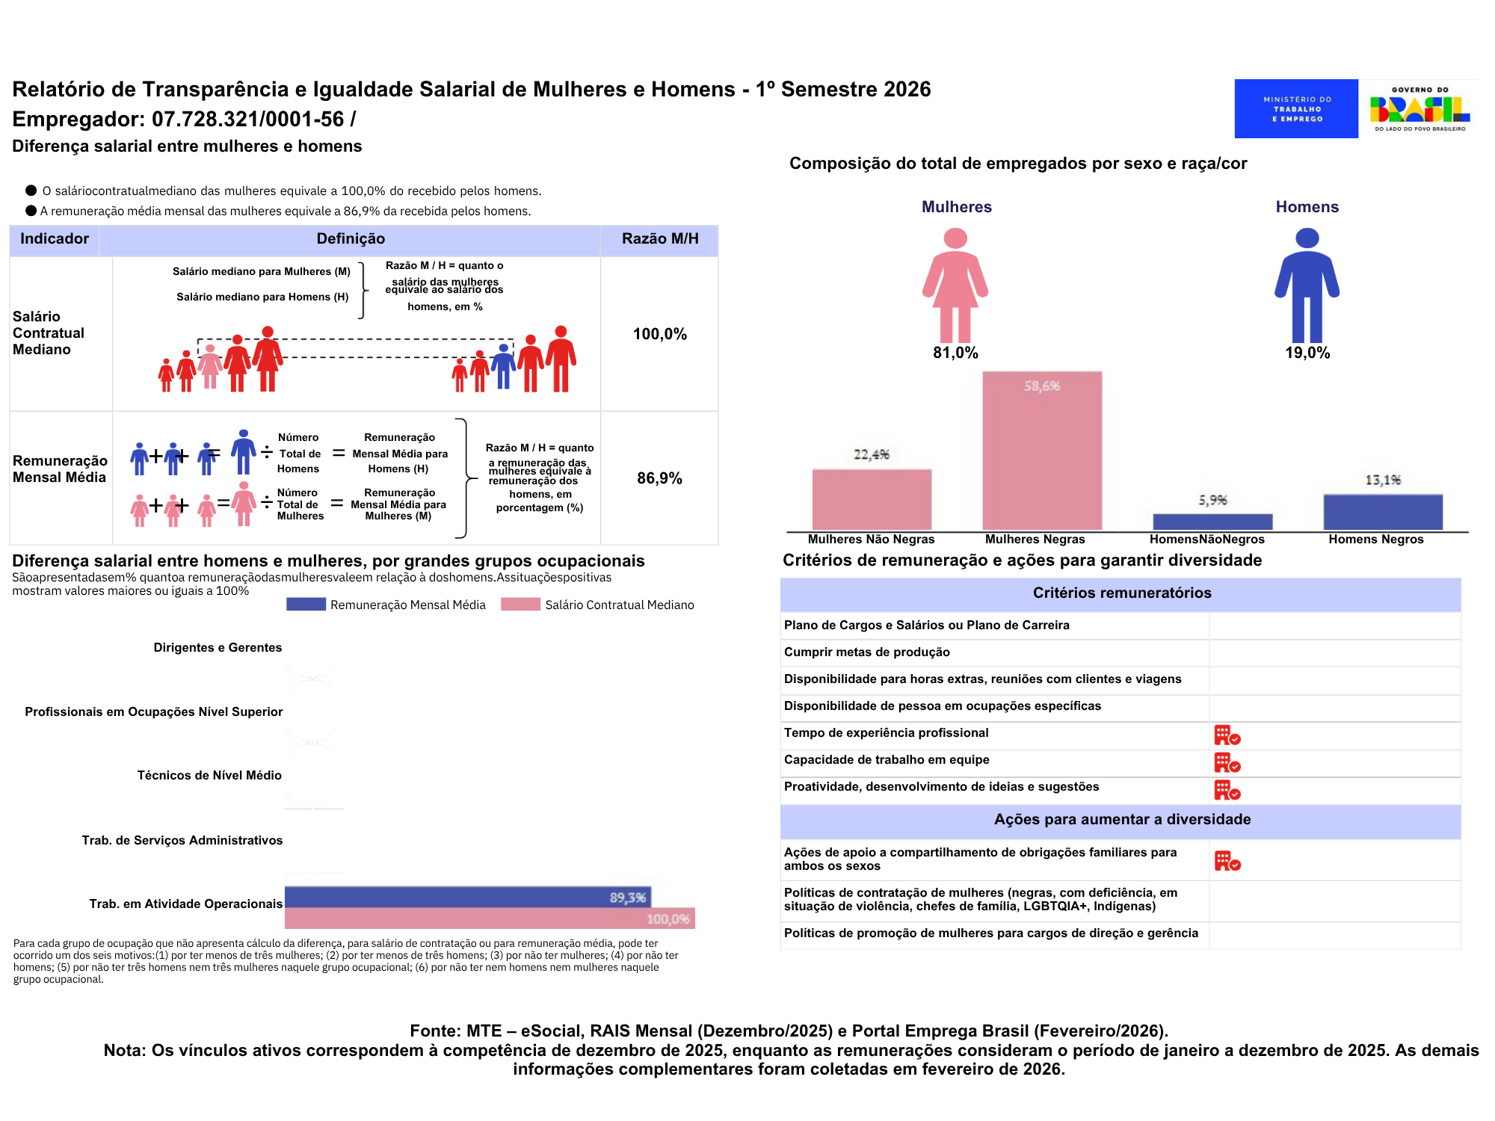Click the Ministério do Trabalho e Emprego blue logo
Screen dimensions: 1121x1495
pyautogui.click(x=1295, y=108)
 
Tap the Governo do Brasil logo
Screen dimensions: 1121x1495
pyautogui.click(x=1420, y=109)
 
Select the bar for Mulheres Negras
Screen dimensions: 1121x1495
pyautogui.click(x=1041, y=451)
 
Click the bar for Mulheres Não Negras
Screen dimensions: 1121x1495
pyautogui.click(x=872, y=499)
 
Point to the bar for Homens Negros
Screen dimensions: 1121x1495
pyautogui.click(x=1382, y=512)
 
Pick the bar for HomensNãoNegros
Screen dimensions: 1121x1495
pyautogui.click(x=1212, y=522)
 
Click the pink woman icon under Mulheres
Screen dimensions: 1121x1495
pyautogui.click(x=955, y=285)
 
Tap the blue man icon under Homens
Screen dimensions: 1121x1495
pyautogui.click(x=1307, y=285)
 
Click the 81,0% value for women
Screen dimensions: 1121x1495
pyautogui.click(x=955, y=353)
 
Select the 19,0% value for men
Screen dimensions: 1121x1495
pyautogui.click(x=1307, y=353)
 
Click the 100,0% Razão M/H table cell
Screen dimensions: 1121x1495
pyautogui.click(x=659, y=334)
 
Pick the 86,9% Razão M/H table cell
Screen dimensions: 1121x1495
pyautogui.click(x=659, y=478)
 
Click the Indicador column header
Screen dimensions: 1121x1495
pyautogui.click(x=55, y=239)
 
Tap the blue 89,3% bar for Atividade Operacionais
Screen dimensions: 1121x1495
pyautogui.click(x=467, y=897)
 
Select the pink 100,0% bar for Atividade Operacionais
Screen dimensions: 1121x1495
pyautogui.click(x=490, y=918)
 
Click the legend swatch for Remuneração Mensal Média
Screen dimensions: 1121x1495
pyautogui.click(x=306, y=605)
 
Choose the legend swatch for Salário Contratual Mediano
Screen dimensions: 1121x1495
pyautogui.click(x=520, y=605)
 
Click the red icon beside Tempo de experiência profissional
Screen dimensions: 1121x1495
pyautogui.click(x=1227, y=735)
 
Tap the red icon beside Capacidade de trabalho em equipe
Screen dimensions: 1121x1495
pyautogui.click(x=1227, y=762)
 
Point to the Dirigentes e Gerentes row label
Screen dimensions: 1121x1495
pyautogui.click(x=218, y=648)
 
